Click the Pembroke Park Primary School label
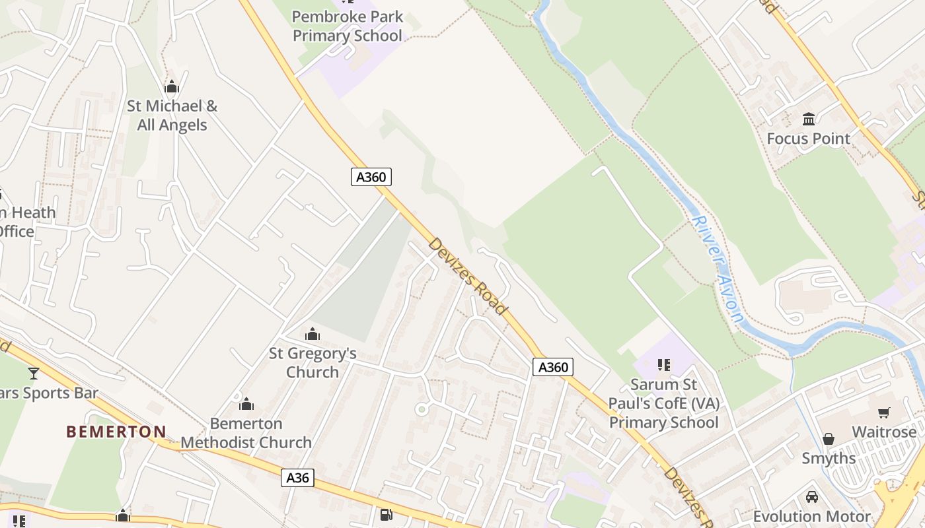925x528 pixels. (x=348, y=26)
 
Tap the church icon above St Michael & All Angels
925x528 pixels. (x=172, y=86)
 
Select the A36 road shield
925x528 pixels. (x=297, y=477)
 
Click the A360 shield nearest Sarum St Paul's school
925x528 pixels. (x=552, y=367)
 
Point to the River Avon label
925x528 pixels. (x=719, y=269)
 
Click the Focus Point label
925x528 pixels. (x=808, y=139)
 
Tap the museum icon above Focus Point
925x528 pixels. (x=808, y=119)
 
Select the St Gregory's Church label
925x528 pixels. (x=313, y=362)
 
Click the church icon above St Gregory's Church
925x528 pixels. (x=313, y=334)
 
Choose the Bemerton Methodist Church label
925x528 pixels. (x=246, y=433)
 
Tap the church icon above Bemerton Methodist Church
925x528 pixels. (x=246, y=403)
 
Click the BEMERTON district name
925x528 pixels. (x=116, y=432)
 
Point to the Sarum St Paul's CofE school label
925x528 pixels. (x=663, y=403)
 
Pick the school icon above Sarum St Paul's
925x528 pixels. (x=664, y=364)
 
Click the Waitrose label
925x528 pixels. (x=884, y=432)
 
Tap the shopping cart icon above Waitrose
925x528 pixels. (x=884, y=412)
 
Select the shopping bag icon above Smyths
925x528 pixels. (x=828, y=438)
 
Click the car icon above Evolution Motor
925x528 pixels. (x=812, y=496)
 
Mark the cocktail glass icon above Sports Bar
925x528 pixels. (x=34, y=373)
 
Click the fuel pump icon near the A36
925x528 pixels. (x=386, y=514)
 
